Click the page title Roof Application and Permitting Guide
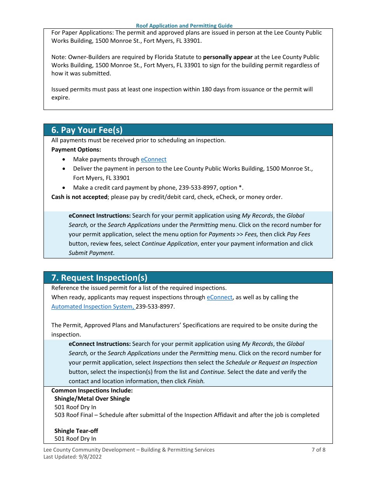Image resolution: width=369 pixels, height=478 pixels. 184,26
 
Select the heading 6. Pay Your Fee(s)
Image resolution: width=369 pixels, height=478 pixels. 87,130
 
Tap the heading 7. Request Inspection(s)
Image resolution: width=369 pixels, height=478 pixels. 99,277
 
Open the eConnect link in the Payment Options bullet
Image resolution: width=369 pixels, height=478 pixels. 153,159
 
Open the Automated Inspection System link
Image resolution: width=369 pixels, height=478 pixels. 93,307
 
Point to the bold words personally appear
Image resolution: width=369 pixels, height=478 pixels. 228,57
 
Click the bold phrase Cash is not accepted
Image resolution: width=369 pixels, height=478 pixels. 79,197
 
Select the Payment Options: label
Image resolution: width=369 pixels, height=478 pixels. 76,150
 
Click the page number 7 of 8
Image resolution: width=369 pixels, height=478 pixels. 319,450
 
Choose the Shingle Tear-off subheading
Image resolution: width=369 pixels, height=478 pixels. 76,431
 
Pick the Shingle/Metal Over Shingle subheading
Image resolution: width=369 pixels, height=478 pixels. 92,399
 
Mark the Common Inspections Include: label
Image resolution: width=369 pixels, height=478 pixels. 92,391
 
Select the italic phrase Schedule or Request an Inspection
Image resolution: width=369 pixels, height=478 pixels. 272,363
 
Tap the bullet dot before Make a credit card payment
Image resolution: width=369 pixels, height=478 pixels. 64,188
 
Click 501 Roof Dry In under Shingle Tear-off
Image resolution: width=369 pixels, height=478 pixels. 75,439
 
